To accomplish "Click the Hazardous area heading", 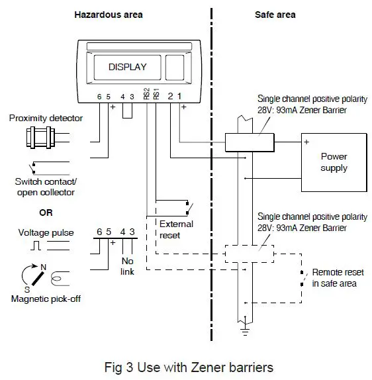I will [108, 15].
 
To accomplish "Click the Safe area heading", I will [275, 15].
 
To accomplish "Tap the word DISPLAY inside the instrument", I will [127, 67].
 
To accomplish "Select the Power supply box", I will [334, 162].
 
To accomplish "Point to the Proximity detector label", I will [46, 119].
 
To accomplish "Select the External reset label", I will [176, 228].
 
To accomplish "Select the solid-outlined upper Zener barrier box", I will [245, 142].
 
